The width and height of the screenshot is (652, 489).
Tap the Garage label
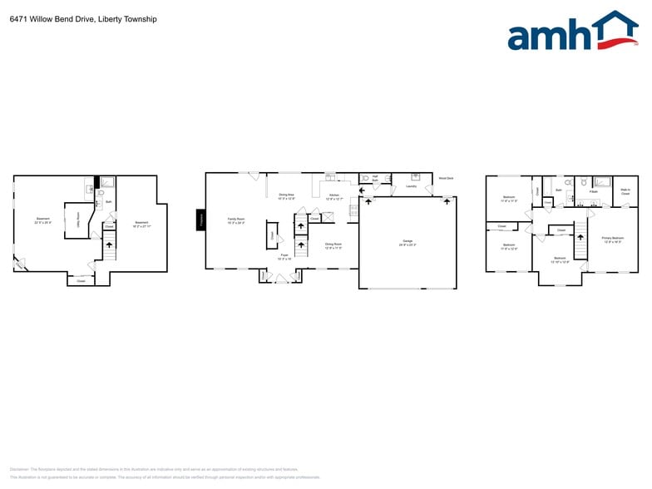point(407,242)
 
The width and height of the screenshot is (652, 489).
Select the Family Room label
point(236,220)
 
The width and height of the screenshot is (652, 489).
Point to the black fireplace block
point(200,219)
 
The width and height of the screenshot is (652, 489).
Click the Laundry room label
point(411,186)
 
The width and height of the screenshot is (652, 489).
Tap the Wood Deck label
point(445,178)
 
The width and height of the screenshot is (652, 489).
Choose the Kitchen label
point(333,196)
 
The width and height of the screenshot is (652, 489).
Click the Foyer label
point(284,256)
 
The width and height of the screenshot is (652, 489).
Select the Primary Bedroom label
point(613,240)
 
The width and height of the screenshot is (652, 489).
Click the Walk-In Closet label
point(625,192)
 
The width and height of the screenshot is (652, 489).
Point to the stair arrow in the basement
point(106,244)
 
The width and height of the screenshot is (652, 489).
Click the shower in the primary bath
point(602,181)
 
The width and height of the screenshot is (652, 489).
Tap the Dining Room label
point(333,245)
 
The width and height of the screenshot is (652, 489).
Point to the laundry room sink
point(415,176)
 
